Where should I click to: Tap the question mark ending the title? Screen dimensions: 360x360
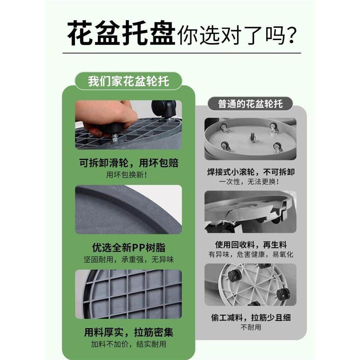[290, 35]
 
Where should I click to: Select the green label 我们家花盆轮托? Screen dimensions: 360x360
[128, 82]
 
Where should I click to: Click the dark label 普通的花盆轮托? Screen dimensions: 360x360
[251, 104]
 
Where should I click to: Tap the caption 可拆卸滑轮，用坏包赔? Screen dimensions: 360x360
[128, 163]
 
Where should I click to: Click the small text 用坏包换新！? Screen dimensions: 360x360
[127, 175]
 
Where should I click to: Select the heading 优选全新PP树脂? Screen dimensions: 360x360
[128, 247]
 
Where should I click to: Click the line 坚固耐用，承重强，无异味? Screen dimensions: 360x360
[128, 259]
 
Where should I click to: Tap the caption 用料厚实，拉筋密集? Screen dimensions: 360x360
[128, 332]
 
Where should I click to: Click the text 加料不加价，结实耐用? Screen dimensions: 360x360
[128, 344]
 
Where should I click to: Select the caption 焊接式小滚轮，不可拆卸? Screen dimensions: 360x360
[251, 172]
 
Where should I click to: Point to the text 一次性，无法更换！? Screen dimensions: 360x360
[249, 182]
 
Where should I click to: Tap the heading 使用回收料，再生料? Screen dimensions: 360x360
[251, 245]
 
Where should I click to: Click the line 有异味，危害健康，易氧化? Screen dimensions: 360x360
[251, 255]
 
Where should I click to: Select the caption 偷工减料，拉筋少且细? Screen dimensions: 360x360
[251, 318]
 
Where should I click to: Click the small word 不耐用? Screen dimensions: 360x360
[251, 327]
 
